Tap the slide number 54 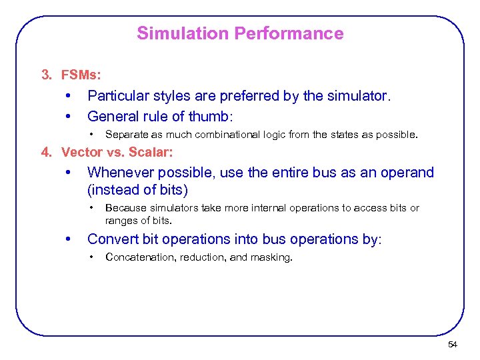pyautogui.click(x=453, y=345)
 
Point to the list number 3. pyautogui.click(x=46, y=74)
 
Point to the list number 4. pyautogui.click(x=45, y=152)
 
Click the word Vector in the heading pyautogui.click(x=79, y=152)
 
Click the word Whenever pyautogui.click(x=117, y=173)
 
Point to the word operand pyautogui.click(x=408, y=173)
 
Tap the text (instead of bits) pyautogui.click(x=138, y=190)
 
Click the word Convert pyautogui.click(x=110, y=239)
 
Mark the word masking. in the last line pyautogui.click(x=271, y=257)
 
